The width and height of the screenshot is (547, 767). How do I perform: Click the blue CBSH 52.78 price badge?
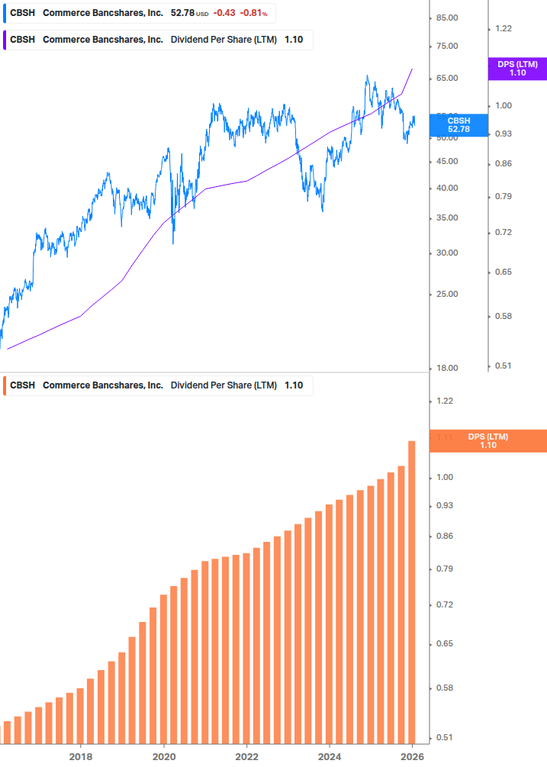click(459, 125)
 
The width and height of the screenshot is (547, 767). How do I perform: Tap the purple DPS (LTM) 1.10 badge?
click(516, 69)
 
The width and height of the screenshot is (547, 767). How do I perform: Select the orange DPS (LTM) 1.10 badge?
click(487, 441)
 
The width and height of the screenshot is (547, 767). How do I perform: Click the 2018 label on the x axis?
click(81, 756)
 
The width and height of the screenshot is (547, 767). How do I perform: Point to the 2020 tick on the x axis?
click(164, 756)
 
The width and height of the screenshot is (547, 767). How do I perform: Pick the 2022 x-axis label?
click(246, 756)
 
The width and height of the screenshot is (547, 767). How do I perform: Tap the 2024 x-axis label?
click(330, 756)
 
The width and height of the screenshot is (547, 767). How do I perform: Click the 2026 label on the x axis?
click(412, 756)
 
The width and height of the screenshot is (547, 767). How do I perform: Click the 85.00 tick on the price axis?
click(447, 18)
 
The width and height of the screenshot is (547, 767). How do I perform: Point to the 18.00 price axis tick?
click(447, 369)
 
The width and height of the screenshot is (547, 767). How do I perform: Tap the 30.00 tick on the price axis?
click(447, 253)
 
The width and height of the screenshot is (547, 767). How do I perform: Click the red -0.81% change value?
click(254, 14)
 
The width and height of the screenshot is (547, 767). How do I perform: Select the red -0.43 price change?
click(224, 14)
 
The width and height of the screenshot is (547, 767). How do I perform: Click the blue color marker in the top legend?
click(5, 14)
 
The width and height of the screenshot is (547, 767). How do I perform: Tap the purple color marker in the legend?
click(5, 40)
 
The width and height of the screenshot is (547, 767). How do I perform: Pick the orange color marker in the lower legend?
click(5, 385)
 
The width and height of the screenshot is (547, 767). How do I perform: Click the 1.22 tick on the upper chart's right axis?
click(503, 29)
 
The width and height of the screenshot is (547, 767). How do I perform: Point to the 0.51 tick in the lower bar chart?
click(444, 737)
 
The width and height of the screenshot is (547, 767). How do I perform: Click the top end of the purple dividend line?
click(412, 69)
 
